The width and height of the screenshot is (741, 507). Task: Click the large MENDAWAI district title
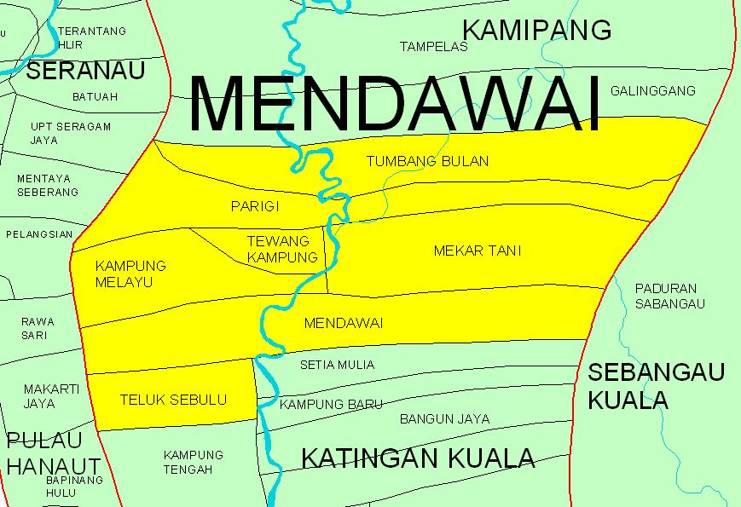pos(395,103)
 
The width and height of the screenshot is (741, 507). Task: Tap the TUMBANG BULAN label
pos(427,161)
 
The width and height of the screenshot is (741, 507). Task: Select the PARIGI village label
pos(255,206)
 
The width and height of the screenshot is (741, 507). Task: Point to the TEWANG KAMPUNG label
pos(282,249)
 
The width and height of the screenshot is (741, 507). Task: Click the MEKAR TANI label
pos(477,251)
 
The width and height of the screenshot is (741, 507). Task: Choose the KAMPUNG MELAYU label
pos(130,274)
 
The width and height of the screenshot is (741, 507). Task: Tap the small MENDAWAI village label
pos(343,324)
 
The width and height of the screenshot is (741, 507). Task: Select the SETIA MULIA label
pos(337,365)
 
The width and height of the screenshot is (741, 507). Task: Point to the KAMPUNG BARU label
pos(331,404)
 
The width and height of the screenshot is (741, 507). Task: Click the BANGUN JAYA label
pos(444,418)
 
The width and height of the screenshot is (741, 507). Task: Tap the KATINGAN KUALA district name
pos(418,458)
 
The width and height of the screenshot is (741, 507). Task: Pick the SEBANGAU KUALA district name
pos(656,385)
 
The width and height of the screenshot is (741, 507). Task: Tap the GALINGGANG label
pos(652,90)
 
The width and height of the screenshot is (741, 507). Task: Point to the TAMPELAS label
pos(434,47)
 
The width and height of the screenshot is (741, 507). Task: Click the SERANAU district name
pos(86,71)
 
